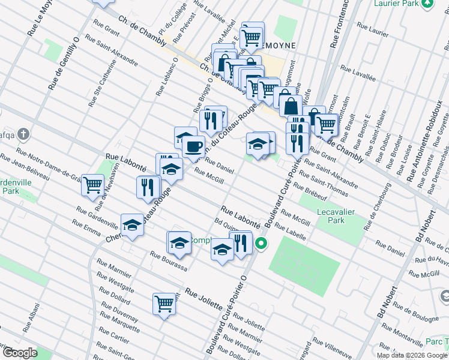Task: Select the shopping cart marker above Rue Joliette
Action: (x=164, y=304)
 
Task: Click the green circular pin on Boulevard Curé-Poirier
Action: (x=261, y=243)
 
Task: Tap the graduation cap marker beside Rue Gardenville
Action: (x=132, y=225)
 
